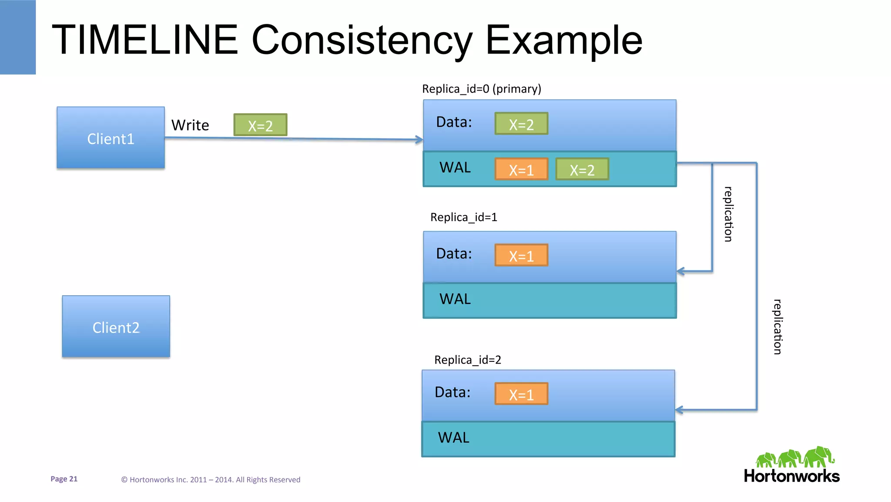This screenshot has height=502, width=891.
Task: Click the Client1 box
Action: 111,138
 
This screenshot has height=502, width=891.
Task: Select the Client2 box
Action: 116,327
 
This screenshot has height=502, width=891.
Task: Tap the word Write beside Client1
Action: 190,125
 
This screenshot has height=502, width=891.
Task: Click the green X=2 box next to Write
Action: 260,125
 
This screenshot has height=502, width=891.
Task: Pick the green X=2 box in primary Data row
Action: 521,124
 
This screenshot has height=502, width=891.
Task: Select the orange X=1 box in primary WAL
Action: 521,169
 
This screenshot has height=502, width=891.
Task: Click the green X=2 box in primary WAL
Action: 582,169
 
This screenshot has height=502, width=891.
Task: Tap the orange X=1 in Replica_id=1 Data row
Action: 521,256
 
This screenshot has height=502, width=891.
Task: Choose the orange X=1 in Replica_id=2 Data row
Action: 521,394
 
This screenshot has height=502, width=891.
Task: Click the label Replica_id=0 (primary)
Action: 481,89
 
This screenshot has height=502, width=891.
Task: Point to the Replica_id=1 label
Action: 463,217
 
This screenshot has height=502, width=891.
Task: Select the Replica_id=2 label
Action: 467,360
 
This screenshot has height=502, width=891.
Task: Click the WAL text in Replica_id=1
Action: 455,299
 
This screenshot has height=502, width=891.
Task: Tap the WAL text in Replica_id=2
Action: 453,438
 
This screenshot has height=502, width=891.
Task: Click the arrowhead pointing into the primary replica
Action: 419,140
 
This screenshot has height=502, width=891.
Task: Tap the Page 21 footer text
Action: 64,479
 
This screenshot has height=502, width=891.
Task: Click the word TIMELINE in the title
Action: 145,40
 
